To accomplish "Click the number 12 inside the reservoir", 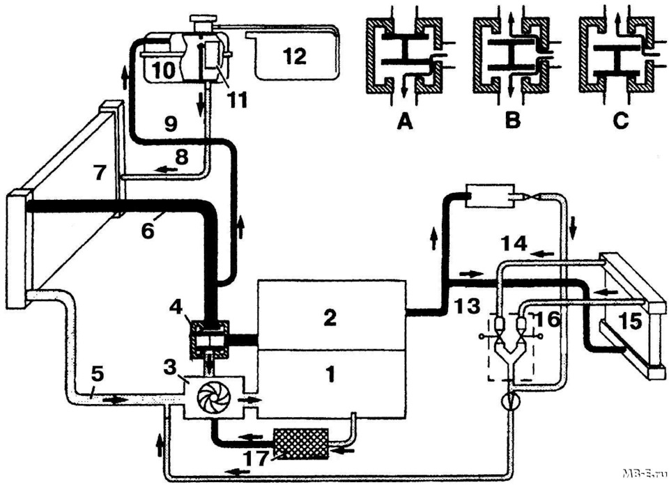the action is [295, 56].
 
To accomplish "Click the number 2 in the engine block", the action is [330, 318].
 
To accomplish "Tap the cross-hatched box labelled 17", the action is [301, 444].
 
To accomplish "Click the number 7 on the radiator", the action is [100, 173].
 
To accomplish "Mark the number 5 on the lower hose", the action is [98, 373].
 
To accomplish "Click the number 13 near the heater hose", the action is [467, 306].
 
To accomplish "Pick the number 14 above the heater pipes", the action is [514, 245].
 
